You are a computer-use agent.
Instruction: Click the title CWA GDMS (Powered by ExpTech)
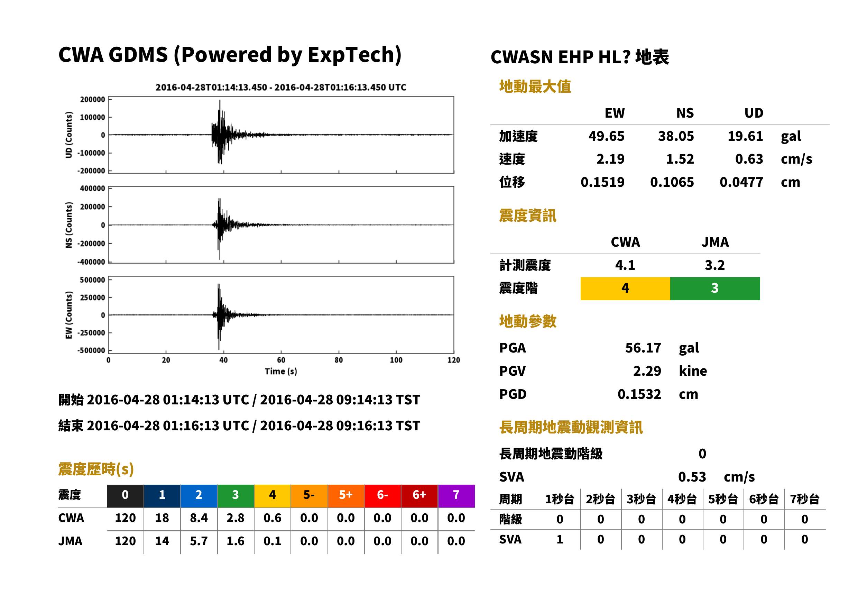(230, 55)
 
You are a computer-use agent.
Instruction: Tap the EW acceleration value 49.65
(606, 136)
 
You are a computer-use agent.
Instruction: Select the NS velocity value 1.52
(680, 159)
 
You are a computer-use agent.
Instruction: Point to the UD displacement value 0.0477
(741, 182)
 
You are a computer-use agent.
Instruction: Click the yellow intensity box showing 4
(625, 289)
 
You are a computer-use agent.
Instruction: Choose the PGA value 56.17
(643, 348)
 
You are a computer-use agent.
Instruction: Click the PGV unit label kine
(693, 371)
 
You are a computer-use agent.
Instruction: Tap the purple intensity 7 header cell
(456, 496)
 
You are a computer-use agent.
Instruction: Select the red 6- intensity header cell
(382, 496)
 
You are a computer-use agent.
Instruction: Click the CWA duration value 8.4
(199, 518)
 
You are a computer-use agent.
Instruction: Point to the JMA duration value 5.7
(199, 541)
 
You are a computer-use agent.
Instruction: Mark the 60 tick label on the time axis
(281, 360)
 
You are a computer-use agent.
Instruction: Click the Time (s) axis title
(281, 372)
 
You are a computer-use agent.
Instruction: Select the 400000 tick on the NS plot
(92, 188)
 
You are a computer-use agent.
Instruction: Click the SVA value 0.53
(692, 477)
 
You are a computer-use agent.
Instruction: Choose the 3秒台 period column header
(642, 500)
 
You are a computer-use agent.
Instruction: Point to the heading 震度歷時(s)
(96, 469)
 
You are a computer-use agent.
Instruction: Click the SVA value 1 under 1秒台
(560, 540)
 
